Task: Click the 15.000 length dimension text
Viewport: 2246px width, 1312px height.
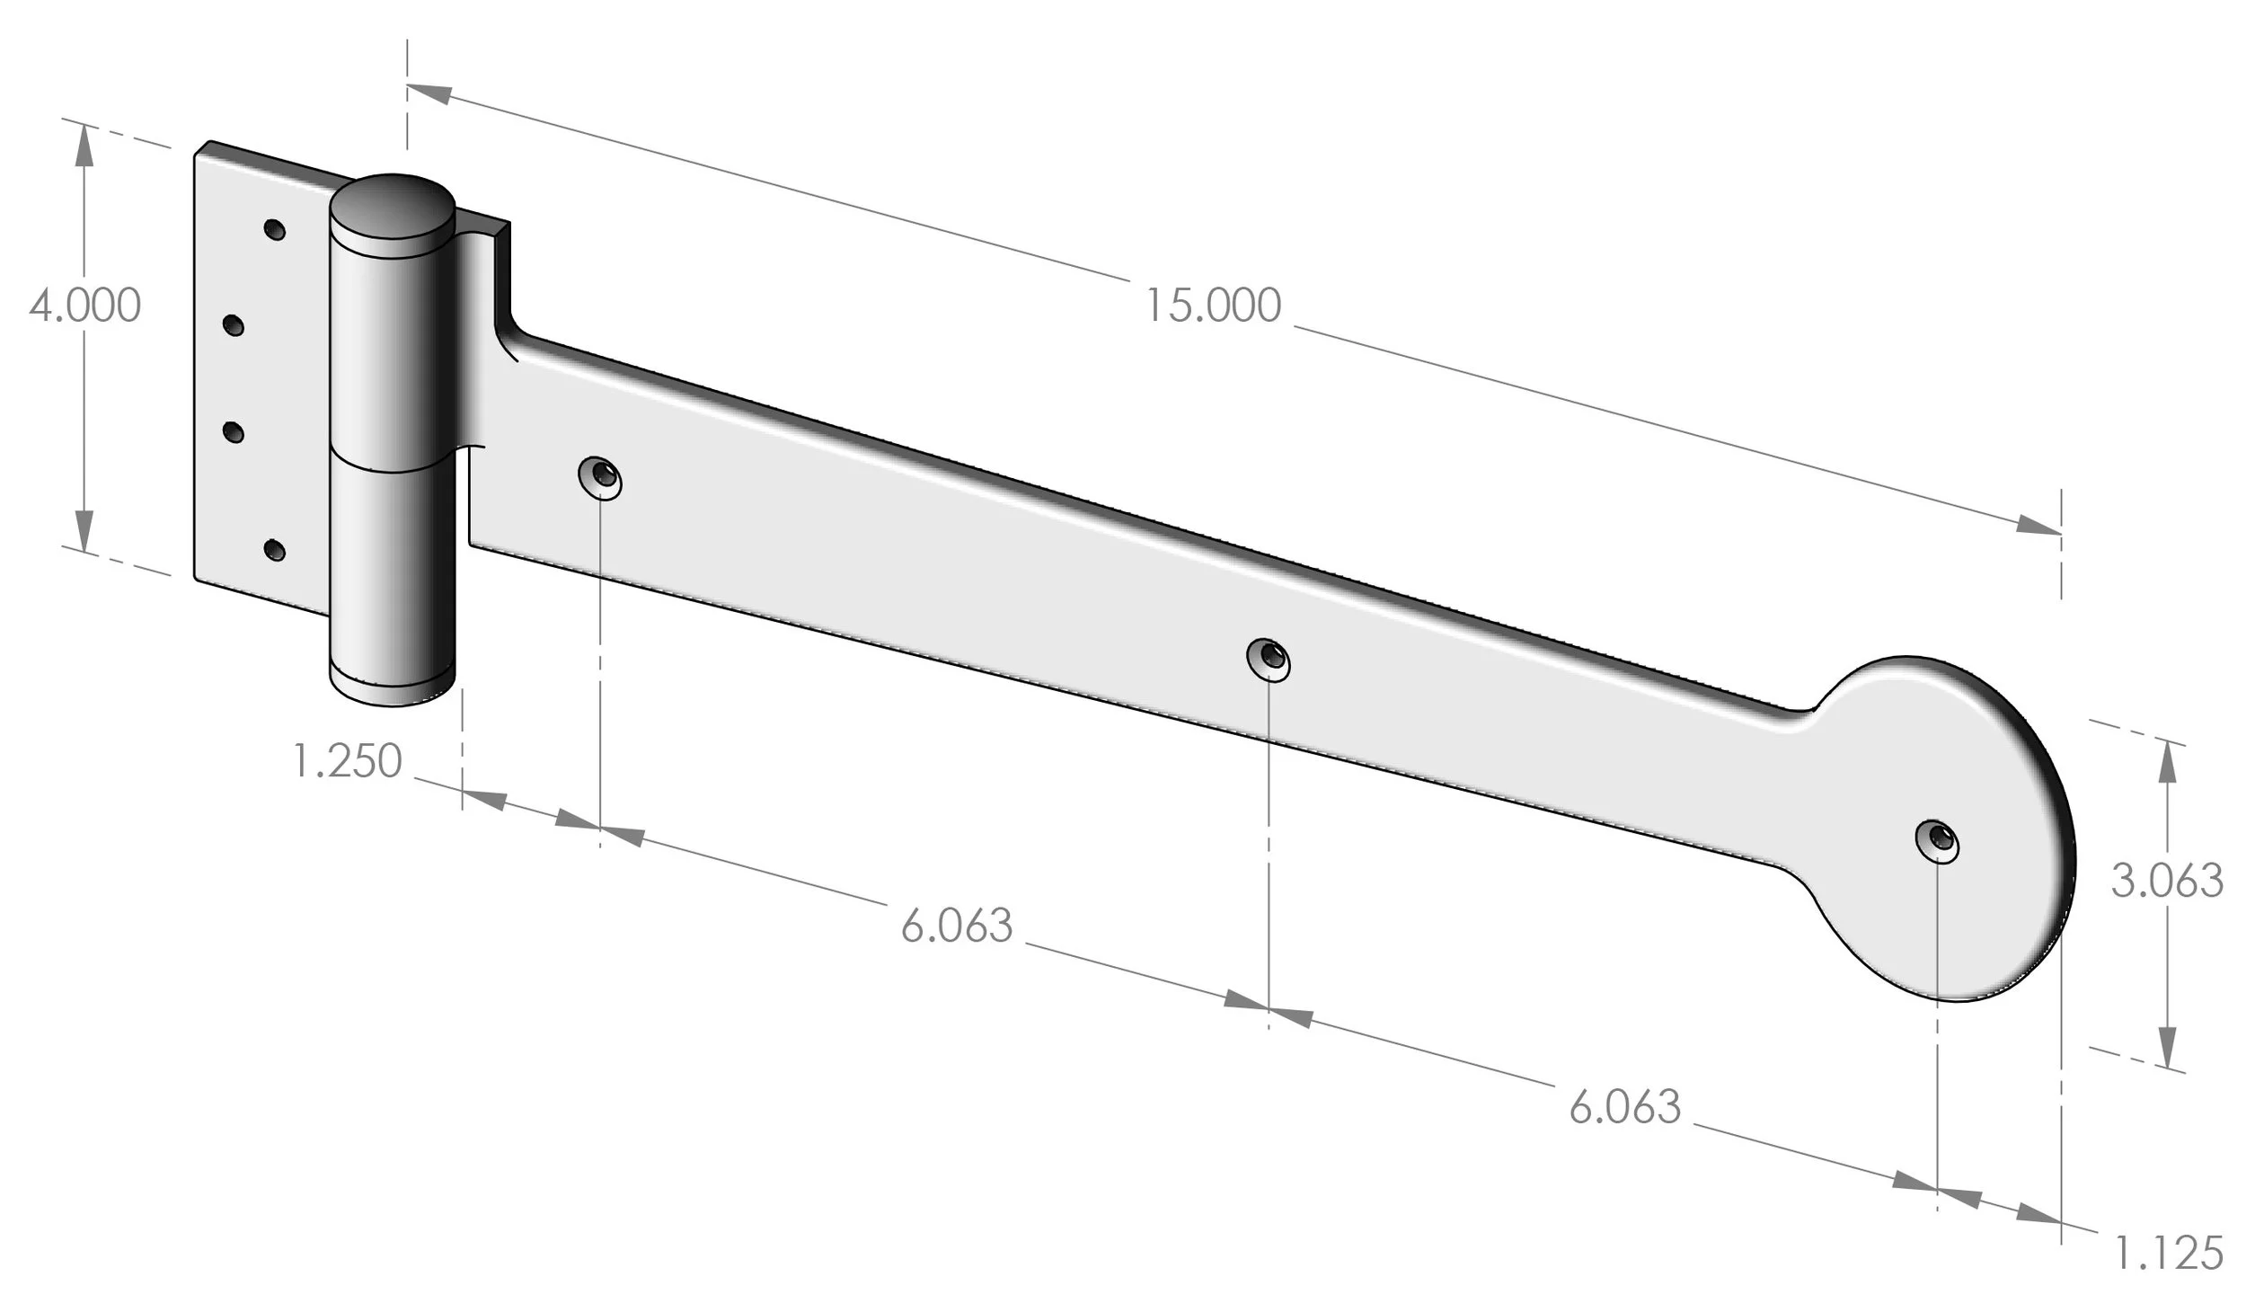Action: [1212, 306]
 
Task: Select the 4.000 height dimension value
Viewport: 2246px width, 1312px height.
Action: [84, 306]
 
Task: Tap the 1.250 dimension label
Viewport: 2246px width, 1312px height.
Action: [347, 761]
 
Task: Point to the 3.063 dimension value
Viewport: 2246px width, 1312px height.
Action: [2166, 881]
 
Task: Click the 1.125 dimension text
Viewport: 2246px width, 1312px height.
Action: [2168, 1254]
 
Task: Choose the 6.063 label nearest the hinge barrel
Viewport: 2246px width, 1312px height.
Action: [957, 926]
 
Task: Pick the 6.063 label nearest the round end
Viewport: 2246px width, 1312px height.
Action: [1624, 1107]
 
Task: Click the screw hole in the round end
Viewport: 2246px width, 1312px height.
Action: [1938, 840]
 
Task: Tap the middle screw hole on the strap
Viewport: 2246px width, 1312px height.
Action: [1269, 659]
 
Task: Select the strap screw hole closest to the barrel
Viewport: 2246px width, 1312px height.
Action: [601, 477]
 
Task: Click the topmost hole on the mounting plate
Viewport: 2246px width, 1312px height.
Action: [275, 229]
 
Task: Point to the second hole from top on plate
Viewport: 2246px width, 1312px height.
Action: [233, 325]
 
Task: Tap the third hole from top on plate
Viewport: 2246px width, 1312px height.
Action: [233, 433]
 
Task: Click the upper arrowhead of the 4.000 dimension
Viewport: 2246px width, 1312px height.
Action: [84, 144]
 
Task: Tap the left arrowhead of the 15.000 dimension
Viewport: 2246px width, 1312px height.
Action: [429, 93]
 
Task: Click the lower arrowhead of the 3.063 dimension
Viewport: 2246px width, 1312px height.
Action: [2167, 1047]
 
